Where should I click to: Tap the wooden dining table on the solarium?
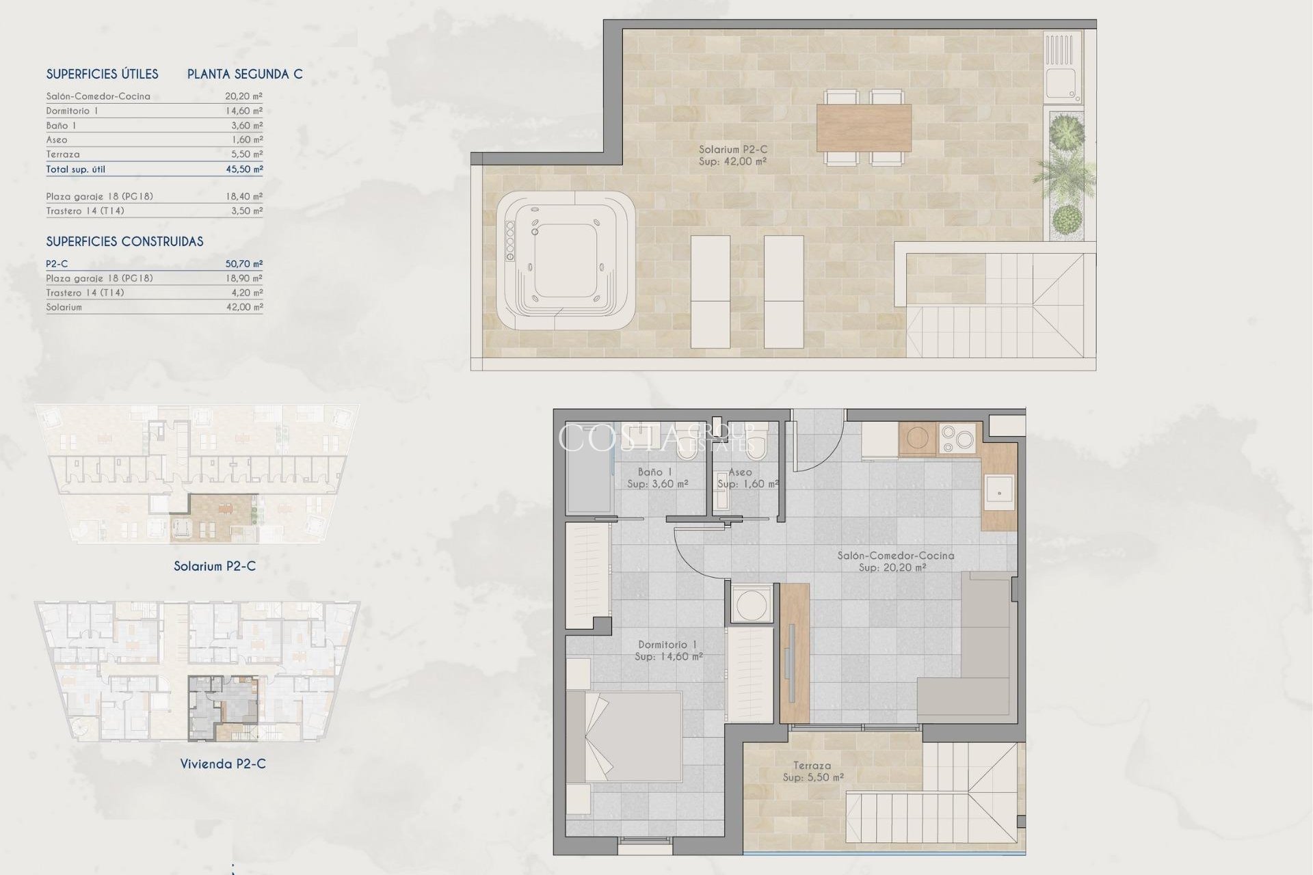point(864,128)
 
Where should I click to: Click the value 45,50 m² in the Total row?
point(244,169)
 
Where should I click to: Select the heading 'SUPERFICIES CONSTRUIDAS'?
point(124,241)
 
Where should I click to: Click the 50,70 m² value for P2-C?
point(244,263)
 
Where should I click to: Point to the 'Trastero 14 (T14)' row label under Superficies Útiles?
point(85,211)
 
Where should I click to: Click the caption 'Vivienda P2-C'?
point(223,764)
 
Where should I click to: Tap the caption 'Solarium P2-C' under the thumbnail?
point(215,566)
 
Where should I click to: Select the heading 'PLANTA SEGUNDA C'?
point(245,74)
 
